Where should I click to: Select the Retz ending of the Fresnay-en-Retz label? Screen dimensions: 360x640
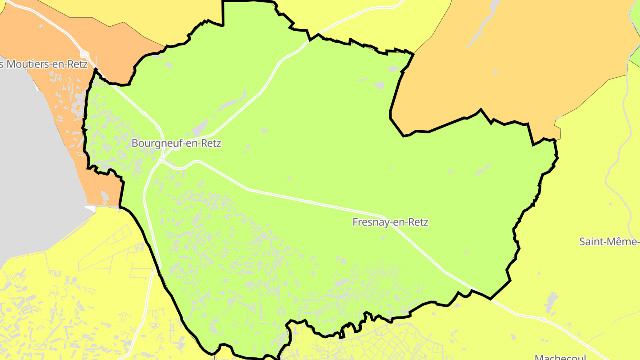418,222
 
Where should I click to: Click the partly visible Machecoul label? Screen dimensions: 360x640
560,356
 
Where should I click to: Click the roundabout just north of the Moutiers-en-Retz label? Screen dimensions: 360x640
83,54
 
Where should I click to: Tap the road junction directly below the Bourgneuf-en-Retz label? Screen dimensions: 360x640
161,160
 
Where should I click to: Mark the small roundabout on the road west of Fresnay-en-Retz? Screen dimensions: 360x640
311,203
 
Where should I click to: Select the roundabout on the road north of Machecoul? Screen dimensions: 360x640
543,320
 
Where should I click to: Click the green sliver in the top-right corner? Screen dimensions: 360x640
635,13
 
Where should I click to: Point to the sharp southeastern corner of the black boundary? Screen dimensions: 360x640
491,299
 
